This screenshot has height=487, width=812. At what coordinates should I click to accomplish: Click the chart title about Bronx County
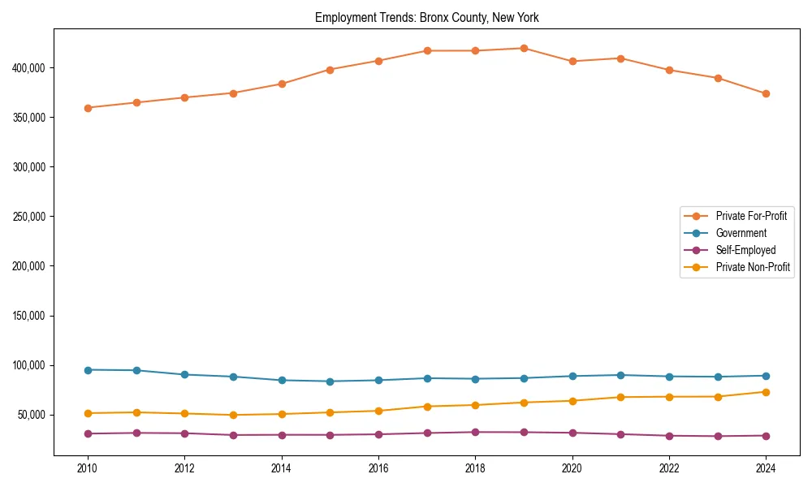coord(426,17)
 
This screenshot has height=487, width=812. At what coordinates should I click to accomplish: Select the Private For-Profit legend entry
coord(750,216)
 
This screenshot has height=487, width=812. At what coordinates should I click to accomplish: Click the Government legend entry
coord(741,233)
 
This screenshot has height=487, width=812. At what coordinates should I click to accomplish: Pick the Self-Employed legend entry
coord(745,250)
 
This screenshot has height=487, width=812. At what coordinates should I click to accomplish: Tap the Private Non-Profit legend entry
coord(753,267)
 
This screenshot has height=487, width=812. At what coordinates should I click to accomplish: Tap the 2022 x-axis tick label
coord(669,468)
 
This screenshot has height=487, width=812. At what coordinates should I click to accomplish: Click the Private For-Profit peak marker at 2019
coord(524,49)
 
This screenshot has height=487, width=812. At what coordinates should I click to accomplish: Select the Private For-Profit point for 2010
coord(88,108)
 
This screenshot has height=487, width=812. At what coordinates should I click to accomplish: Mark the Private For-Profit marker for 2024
coord(766,93)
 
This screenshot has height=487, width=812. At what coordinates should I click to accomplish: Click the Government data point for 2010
coord(88,370)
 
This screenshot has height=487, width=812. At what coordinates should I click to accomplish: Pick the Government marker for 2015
coord(330,381)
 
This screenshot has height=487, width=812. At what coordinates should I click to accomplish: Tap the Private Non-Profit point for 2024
coord(766,392)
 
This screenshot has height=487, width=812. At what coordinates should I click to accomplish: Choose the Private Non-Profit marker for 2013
coord(233,415)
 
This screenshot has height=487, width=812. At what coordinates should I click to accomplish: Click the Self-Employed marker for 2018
coord(475,432)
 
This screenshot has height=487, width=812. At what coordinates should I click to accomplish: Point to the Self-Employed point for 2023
coord(718,437)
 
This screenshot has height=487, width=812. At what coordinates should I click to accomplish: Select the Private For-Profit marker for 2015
coord(330,70)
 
